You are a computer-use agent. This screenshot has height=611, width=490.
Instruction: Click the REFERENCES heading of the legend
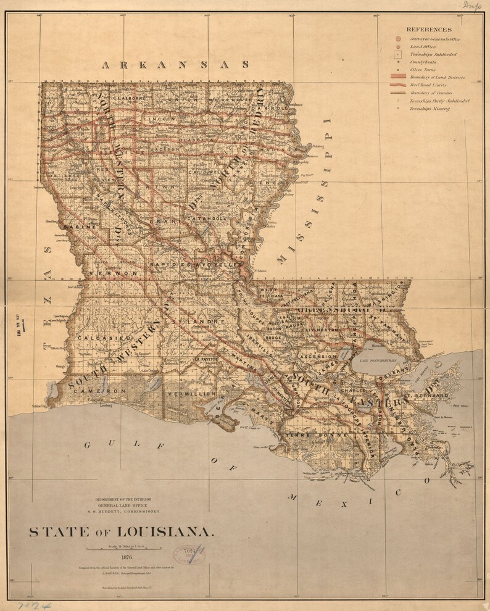(428, 29)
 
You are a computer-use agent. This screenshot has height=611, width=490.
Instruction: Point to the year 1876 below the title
(127, 557)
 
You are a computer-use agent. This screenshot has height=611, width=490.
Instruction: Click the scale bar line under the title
(127, 549)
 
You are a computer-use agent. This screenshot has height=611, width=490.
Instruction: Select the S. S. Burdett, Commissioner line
(127, 512)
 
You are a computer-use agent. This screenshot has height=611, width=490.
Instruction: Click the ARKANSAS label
(176, 64)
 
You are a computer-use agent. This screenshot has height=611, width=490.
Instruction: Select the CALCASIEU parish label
(103, 338)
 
